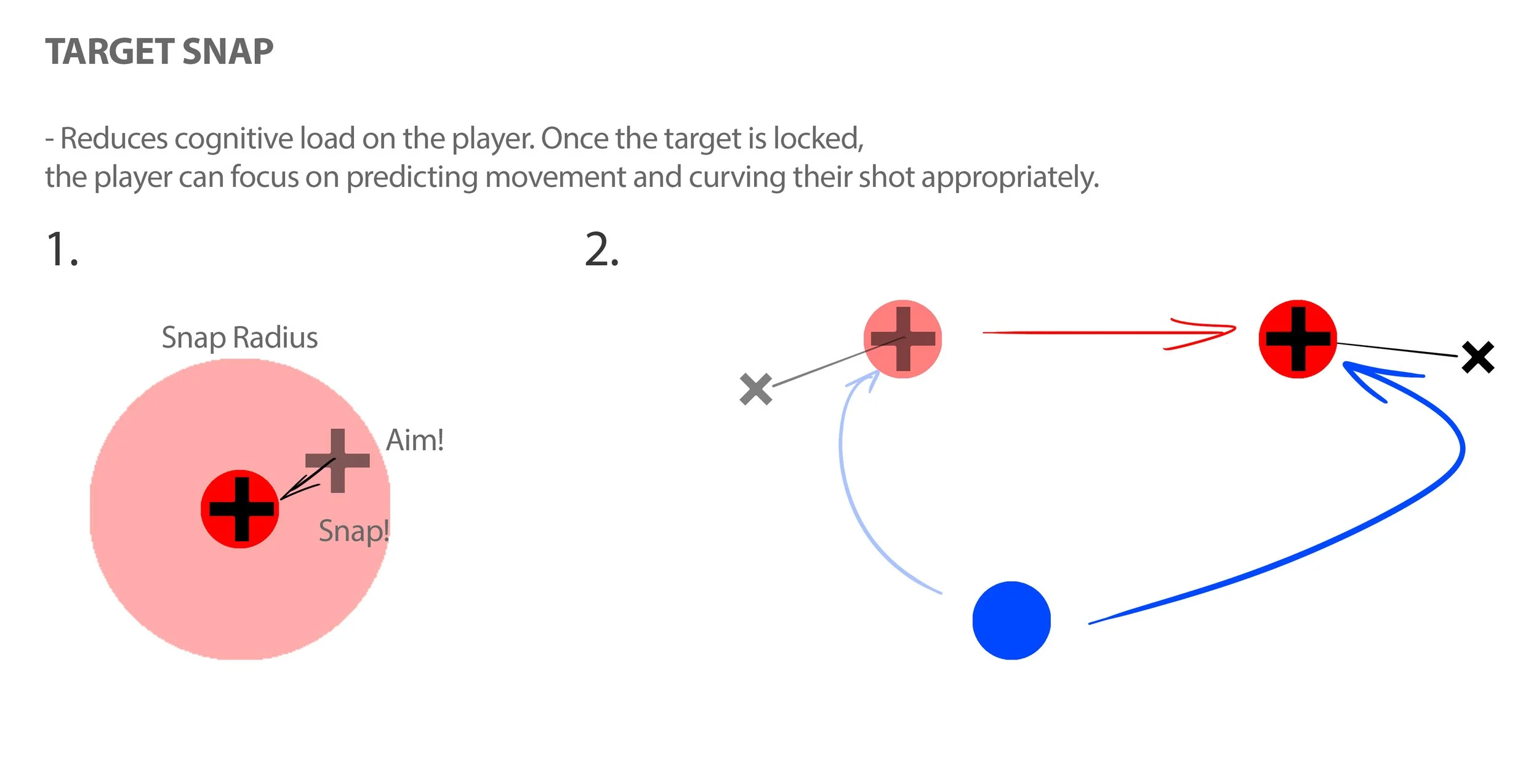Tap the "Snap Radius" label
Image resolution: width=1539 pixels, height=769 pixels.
coord(239,338)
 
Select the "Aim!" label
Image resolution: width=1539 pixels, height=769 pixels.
coord(414,440)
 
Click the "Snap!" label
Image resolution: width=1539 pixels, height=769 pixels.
coord(353,531)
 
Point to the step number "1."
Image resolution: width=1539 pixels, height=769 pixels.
coord(62,250)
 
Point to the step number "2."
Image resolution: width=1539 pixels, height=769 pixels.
coord(601,250)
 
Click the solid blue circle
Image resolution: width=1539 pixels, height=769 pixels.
coord(1011,620)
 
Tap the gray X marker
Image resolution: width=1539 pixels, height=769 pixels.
coord(756,389)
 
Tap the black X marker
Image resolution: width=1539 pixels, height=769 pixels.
coord(1478,357)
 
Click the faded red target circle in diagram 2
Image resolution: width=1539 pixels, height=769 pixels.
coord(902,339)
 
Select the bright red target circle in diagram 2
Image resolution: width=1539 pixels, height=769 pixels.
coord(1298,339)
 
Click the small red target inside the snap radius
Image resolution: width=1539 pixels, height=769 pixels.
coord(240,509)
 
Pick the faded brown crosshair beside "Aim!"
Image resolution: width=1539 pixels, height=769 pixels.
coord(337,461)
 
